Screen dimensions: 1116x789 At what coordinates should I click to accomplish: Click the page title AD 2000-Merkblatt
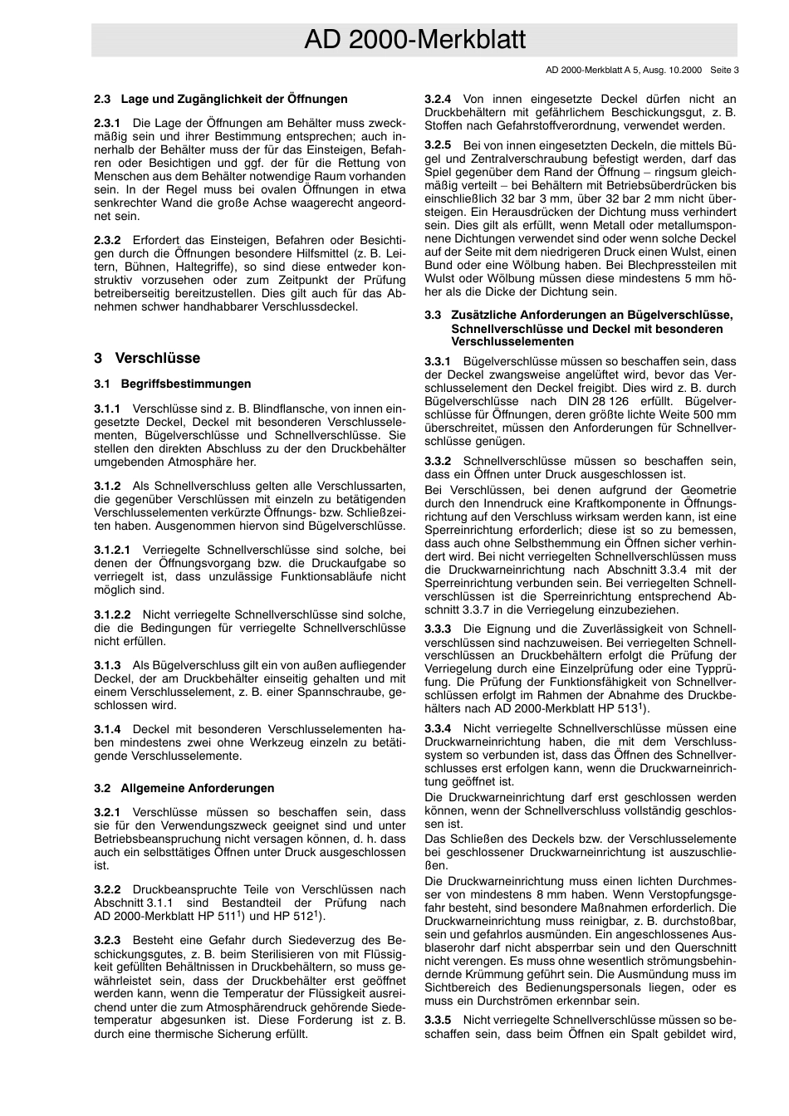tap(414, 40)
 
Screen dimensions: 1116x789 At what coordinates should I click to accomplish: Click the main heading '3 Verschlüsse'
tap(147, 359)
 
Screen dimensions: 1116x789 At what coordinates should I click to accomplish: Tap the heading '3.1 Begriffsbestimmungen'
tap(172, 384)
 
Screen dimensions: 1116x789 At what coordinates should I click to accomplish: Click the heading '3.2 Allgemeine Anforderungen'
tap(184, 788)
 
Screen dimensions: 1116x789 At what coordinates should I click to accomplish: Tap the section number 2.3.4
tap(438, 99)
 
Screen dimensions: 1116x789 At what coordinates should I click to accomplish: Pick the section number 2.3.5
tap(438, 144)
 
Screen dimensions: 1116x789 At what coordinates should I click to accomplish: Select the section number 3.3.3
tap(438, 629)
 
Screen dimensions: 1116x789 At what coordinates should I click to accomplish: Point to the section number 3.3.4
tap(438, 728)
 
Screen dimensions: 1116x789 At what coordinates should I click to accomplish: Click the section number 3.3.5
tap(438, 1019)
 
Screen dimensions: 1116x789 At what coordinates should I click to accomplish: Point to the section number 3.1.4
tap(107, 729)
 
